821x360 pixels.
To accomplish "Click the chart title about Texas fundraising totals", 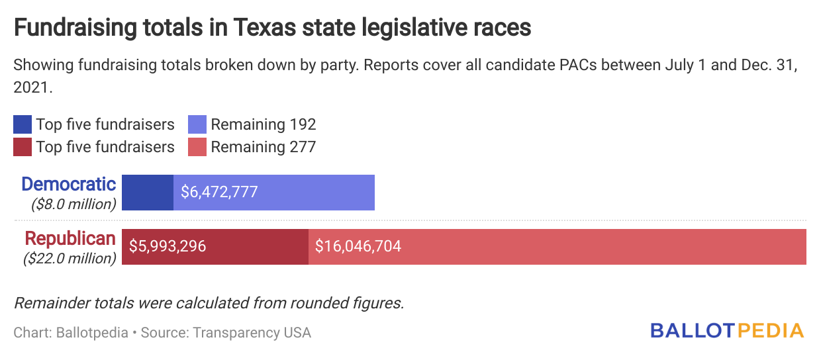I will click(272, 28).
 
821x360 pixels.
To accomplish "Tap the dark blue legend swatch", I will click(23, 124).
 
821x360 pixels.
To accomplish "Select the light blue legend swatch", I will click(198, 124).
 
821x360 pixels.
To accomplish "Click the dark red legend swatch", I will click(23, 147).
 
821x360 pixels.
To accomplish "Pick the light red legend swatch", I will click(198, 147).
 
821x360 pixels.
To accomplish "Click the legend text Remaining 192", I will click(263, 124).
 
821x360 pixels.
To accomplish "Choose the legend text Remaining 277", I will click(263, 147).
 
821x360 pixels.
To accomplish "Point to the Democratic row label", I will click(68, 184).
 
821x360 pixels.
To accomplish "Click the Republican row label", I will click(70, 238).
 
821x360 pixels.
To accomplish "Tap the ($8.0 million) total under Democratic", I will click(73, 204).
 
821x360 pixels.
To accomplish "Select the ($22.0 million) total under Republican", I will click(70, 258).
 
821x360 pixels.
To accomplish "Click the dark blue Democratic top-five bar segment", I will click(148, 193).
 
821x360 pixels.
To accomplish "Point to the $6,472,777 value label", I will click(219, 193).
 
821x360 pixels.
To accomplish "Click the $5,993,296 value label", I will click(168, 247).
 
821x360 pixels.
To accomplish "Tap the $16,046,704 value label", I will click(358, 247).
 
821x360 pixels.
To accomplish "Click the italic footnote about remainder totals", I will click(209, 304).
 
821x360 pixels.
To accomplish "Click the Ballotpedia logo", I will click(727, 331).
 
